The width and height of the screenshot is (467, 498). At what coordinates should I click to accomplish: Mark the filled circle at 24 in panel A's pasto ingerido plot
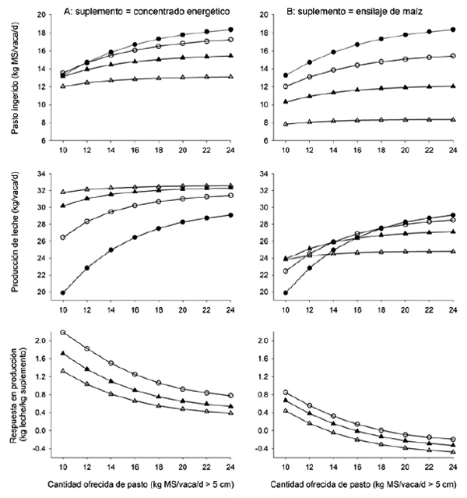point(231,30)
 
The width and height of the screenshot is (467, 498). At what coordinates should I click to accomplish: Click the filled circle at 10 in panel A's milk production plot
point(63,292)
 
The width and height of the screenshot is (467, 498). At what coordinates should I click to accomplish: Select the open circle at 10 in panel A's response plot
point(63,333)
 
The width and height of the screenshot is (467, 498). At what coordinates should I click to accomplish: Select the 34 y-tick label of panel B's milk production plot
point(269,173)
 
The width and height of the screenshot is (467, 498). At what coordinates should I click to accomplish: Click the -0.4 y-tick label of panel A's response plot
point(42,448)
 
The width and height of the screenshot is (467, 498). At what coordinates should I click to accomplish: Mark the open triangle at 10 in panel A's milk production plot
point(63,192)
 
